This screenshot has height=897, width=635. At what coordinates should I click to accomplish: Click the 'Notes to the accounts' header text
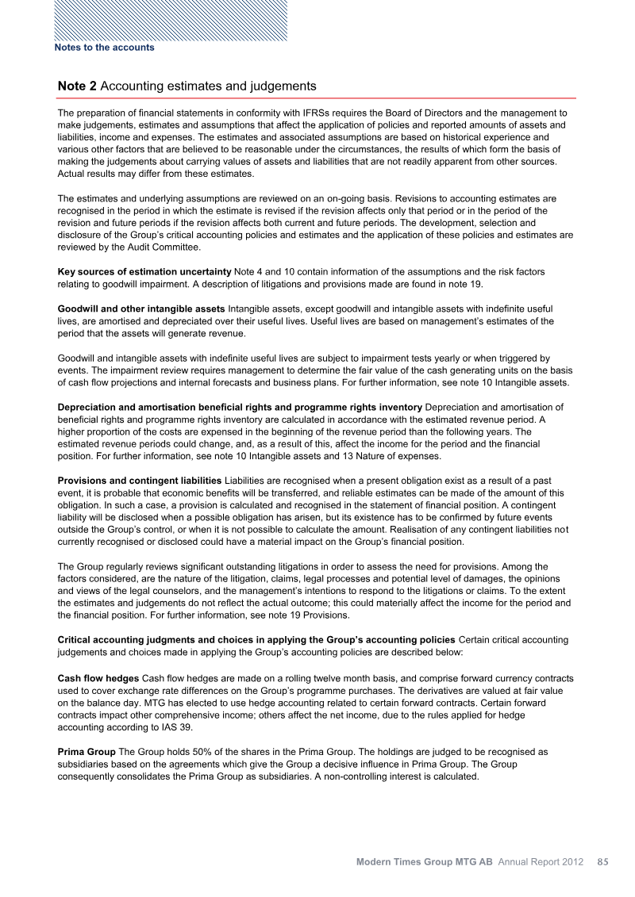click(104, 48)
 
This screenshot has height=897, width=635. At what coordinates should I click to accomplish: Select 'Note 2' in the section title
click(78, 86)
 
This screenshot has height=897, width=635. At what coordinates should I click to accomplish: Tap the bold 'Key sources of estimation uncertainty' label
click(144, 272)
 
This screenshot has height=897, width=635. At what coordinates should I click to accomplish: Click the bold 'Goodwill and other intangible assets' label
click(141, 307)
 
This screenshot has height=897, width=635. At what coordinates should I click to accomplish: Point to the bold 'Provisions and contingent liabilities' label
click(140, 481)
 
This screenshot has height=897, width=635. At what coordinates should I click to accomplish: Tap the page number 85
click(602, 861)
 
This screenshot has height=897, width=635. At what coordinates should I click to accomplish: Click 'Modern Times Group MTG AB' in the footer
click(425, 861)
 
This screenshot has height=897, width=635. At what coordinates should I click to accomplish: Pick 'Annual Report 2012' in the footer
click(541, 861)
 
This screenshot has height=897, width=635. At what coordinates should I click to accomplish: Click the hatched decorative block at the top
click(170, 19)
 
